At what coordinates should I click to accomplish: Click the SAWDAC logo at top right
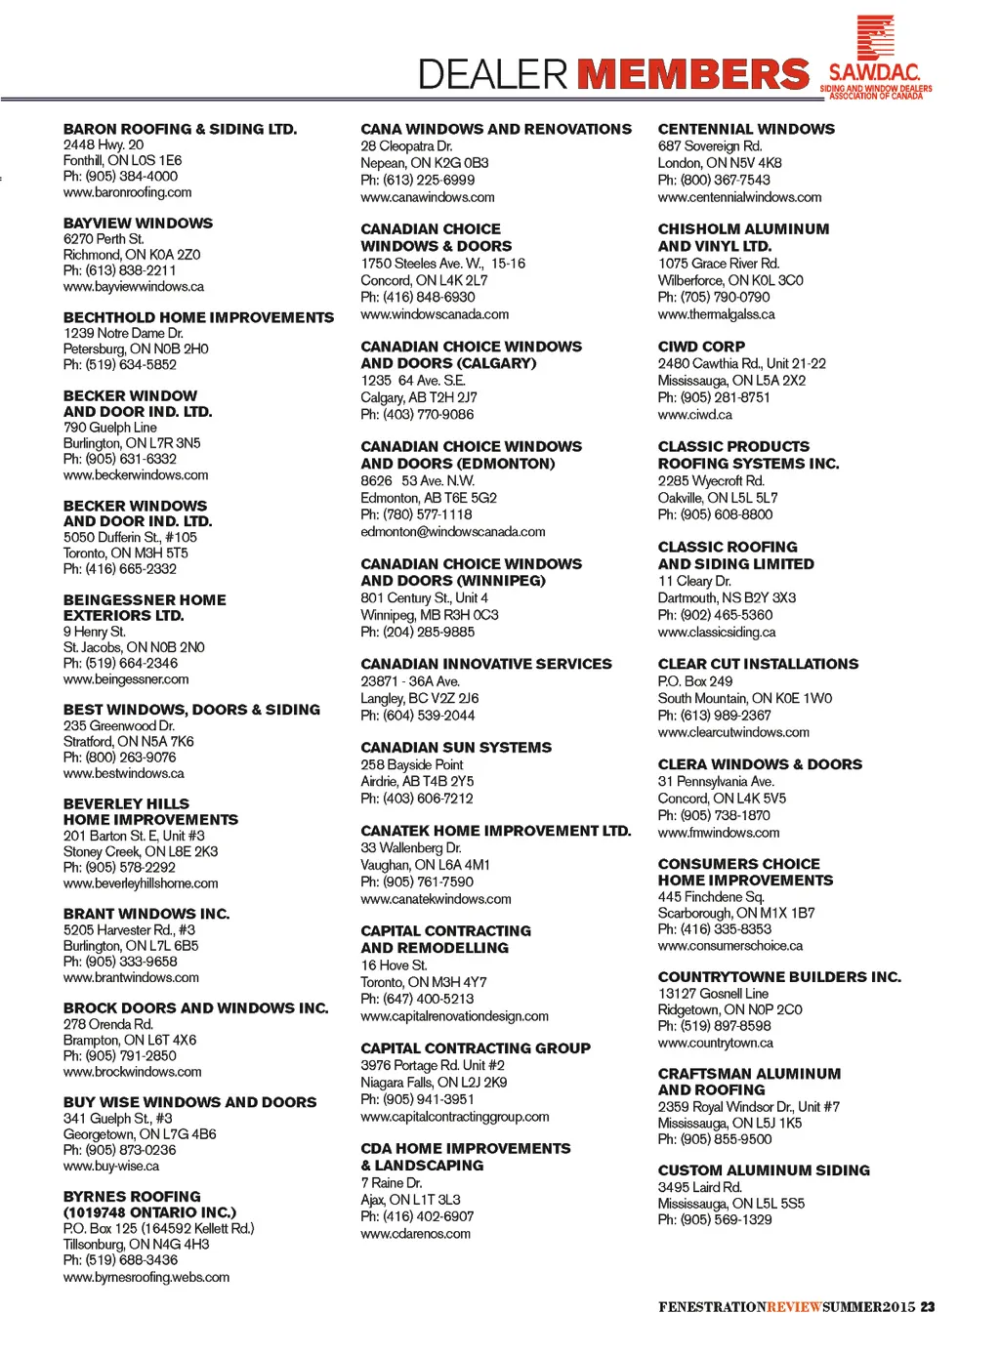pyautogui.click(x=875, y=59)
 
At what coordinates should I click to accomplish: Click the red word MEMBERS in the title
pyautogui.click(x=692, y=74)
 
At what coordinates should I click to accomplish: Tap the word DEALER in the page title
pyautogui.click(x=492, y=74)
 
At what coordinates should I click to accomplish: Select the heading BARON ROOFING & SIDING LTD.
pyautogui.click(x=180, y=129)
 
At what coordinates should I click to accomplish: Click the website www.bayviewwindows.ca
pyautogui.click(x=134, y=287)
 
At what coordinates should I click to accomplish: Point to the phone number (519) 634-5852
pyautogui.click(x=120, y=365)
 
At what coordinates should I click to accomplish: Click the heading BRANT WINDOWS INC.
pyautogui.click(x=146, y=914)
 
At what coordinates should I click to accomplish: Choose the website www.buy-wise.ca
pyautogui.click(x=111, y=1167)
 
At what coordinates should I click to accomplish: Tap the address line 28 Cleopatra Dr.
pyautogui.click(x=406, y=146)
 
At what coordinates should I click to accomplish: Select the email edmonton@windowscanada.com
pyautogui.click(x=453, y=532)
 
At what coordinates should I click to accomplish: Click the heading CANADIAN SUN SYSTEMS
pyautogui.click(x=456, y=748)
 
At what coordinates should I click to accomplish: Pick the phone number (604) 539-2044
pyautogui.click(x=418, y=716)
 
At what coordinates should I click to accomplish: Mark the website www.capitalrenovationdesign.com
pyautogui.click(x=454, y=1016)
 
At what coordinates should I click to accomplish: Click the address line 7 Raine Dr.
pyautogui.click(x=391, y=1183)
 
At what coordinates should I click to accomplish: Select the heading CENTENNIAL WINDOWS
pyautogui.click(x=746, y=129)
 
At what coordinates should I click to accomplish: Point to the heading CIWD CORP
pyautogui.click(x=701, y=347)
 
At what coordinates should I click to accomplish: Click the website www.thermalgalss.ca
pyautogui.click(x=716, y=314)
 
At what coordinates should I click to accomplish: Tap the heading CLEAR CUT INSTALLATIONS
pyautogui.click(x=758, y=664)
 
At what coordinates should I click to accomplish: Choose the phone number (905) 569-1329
pyautogui.click(x=715, y=1220)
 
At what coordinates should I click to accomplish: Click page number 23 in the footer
pyautogui.click(x=928, y=1307)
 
